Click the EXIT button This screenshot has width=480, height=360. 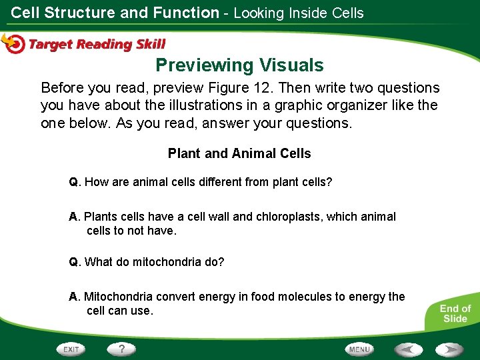point(71,349)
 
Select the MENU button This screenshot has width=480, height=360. point(359,349)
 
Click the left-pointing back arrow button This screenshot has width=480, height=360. point(408,349)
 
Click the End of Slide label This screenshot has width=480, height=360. point(455,313)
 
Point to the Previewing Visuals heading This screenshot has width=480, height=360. point(239,65)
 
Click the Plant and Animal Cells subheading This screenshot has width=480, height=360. point(239,153)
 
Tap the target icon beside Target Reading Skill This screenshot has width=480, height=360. point(13,43)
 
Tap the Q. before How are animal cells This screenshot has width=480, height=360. point(75,182)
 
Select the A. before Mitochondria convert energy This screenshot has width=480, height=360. point(75,297)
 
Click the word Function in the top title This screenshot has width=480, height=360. point(185,13)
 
